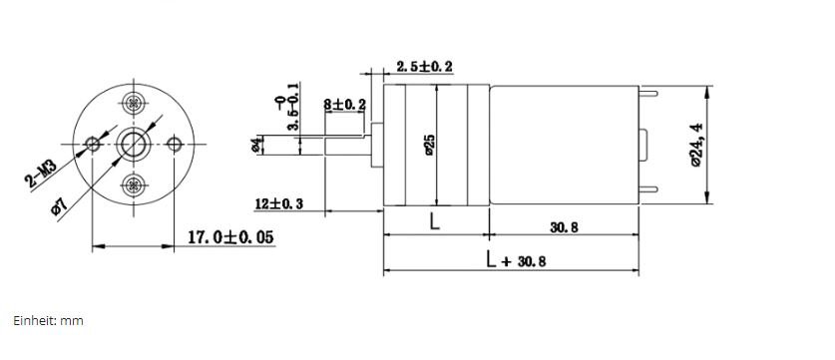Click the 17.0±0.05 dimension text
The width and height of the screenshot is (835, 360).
[x=231, y=237]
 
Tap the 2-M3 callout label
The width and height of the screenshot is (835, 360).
[x=41, y=175]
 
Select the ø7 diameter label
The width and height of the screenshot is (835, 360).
[x=60, y=206]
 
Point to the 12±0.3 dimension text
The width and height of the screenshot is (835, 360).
[x=279, y=203]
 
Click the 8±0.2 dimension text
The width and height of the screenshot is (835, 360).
[x=344, y=104]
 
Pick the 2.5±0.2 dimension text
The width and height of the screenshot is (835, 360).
[x=424, y=67]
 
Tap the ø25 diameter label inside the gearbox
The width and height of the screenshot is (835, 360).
[x=430, y=145]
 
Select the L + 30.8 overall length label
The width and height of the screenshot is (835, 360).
[x=516, y=260]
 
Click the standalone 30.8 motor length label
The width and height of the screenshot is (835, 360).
[x=564, y=227]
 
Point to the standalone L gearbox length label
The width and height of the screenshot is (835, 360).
[x=435, y=222]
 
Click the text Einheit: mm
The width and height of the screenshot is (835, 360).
[x=49, y=320]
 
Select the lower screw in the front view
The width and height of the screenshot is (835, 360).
[x=133, y=185]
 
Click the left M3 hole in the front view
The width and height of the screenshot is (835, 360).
[x=93, y=144]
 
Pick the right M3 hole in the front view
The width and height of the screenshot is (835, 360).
[x=175, y=144]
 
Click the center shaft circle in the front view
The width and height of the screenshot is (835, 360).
[x=133, y=144]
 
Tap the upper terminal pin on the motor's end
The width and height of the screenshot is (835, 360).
[x=647, y=95]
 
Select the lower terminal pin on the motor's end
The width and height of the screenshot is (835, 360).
[x=647, y=190]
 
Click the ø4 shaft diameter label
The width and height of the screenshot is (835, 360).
[x=257, y=145]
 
